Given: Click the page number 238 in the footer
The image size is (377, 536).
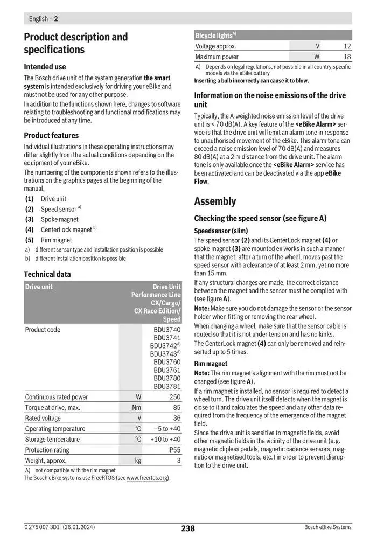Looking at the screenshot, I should click(187, 528).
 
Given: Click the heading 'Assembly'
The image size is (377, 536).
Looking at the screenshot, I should click(215, 201).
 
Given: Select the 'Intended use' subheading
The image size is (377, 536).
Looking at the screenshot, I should click(45, 67).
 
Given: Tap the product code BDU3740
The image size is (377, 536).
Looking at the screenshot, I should click(167, 330).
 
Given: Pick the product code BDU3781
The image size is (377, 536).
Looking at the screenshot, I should click(167, 386).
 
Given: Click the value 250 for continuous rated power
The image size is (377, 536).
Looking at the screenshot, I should click(174, 397).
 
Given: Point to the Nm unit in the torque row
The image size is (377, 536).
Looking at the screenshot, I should click(137, 408).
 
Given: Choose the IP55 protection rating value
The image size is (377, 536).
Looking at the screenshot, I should click(174, 450).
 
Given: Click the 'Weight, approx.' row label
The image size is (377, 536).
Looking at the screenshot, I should click(46, 461).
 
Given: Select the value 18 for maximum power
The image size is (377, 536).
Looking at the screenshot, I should click(347, 57).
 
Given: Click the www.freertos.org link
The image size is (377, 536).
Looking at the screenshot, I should click(147, 478).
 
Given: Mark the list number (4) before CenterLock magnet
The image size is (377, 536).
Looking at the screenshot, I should click(30, 229).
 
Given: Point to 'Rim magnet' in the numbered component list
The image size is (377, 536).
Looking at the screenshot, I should click(56, 240).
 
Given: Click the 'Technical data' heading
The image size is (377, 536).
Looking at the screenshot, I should click(47, 274).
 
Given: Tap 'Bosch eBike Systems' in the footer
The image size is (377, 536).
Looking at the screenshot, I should click(327, 527).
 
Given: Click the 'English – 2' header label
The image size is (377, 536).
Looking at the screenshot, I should click(43, 19).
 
